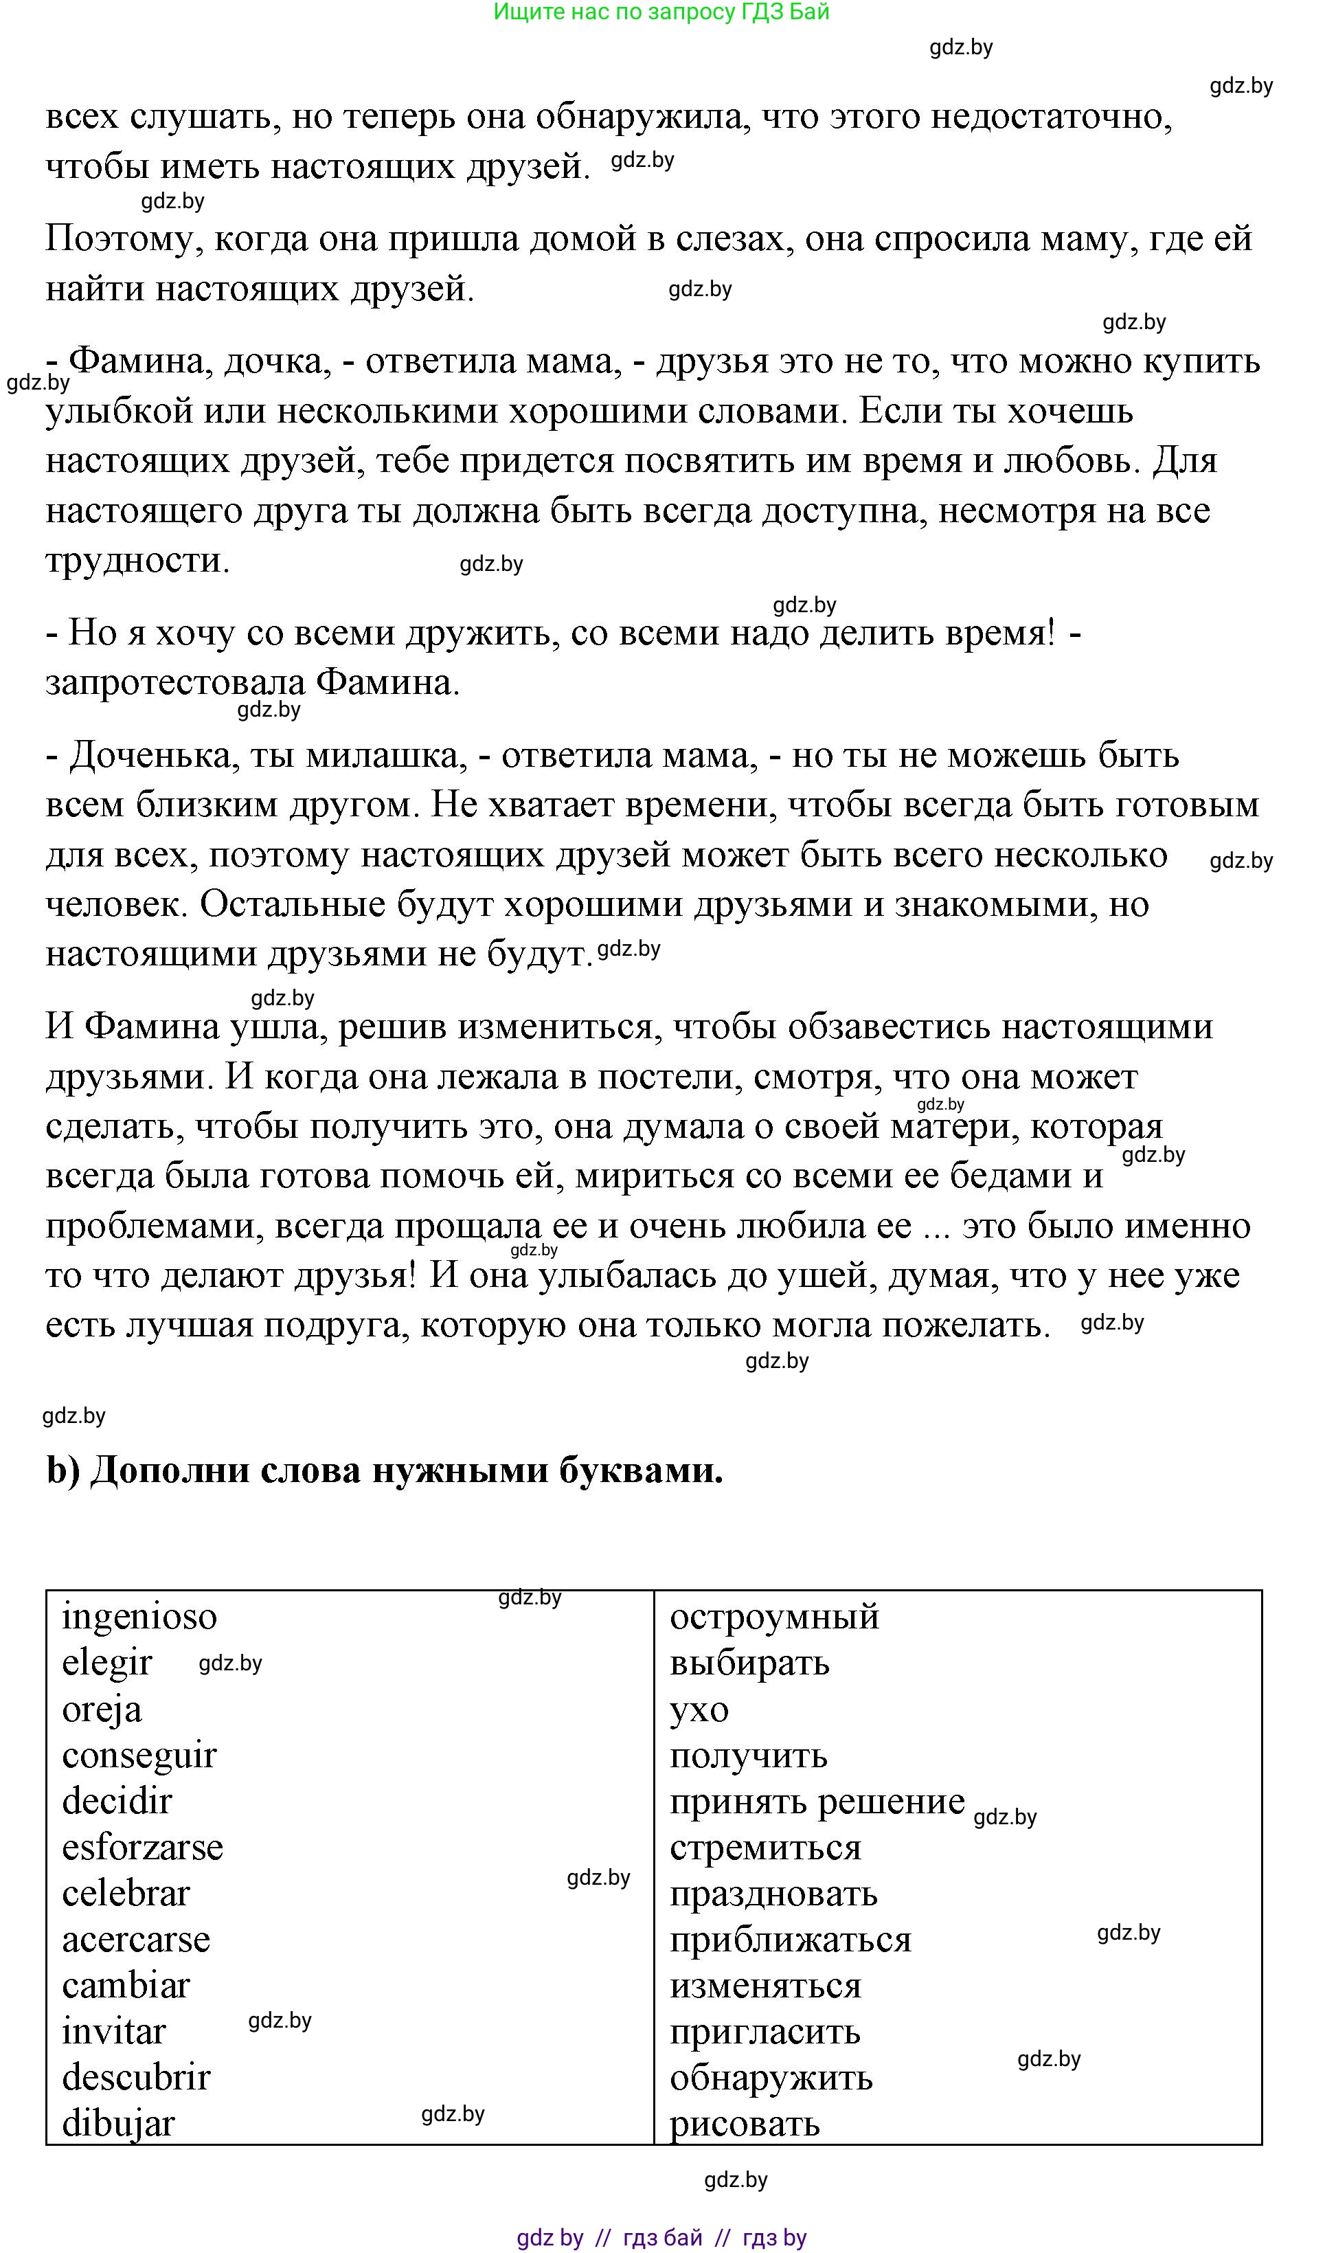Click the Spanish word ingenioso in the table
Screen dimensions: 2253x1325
pyautogui.click(x=139, y=1618)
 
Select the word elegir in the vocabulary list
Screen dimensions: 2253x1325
pyautogui.click(x=106, y=1665)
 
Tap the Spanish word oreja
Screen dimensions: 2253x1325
pyautogui.click(x=102, y=1710)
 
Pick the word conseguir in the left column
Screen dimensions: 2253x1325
pyautogui.click(x=139, y=1757)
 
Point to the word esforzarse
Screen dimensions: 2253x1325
pyautogui.click(x=142, y=1849)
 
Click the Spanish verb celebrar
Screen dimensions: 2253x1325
pyautogui.click(x=126, y=1894)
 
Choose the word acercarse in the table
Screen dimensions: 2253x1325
pyautogui.click(x=136, y=1941)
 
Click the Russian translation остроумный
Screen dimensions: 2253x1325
pyautogui.click(x=774, y=1618)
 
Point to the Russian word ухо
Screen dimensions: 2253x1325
pyautogui.click(x=699, y=1710)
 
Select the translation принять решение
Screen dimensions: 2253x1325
pyautogui.click(x=817, y=1802)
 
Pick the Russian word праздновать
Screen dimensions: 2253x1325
pyautogui.click(x=773, y=1894)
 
